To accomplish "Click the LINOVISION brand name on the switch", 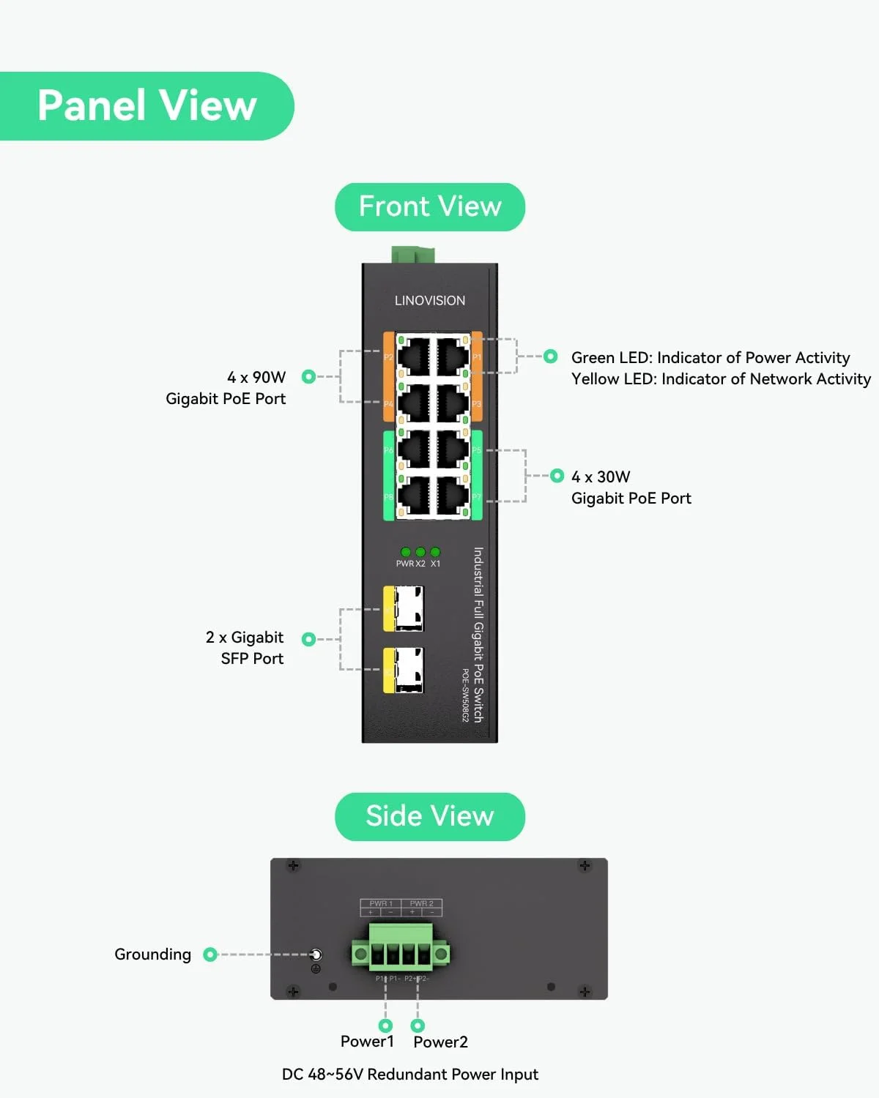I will tap(429, 300).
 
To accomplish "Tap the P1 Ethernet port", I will tap(453, 356).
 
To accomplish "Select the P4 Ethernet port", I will tap(413, 403).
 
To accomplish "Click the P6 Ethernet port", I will tap(413, 449).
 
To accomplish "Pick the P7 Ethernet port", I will tap(453, 496).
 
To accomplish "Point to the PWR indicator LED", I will tap(406, 552).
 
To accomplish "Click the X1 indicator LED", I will tap(435, 552).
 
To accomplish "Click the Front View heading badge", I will tap(430, 207).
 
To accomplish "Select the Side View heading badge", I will tap(430, 816).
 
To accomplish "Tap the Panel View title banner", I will tap(146, 105).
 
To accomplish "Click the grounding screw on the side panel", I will tap(316, 955).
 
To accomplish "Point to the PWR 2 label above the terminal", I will tap(421, 903).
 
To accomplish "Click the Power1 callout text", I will tap(367, 1041).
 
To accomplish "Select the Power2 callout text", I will tap(440, 1042).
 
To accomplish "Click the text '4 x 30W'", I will tap(601, 477).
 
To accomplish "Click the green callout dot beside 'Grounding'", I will tap(210, 954).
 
